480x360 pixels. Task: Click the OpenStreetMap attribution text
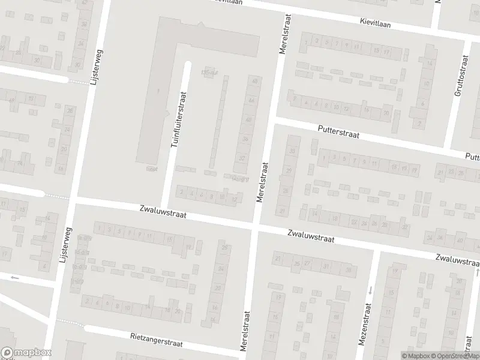coord(453,356)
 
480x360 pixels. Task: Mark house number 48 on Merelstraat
coord(255,80)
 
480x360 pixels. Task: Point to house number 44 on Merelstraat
coord(251,100)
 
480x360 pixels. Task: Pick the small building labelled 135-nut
coord(209,71)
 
